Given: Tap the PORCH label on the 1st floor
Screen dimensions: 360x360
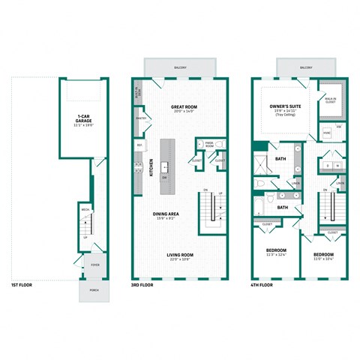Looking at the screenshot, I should tap(94, 289).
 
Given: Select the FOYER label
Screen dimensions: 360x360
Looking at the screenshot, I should tap(94, 264).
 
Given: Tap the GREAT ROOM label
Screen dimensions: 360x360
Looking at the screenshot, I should tap(183, 107).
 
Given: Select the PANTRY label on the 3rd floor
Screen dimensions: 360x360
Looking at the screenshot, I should tap(140, 118).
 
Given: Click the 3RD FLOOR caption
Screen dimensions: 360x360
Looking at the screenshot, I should tap(142, 285).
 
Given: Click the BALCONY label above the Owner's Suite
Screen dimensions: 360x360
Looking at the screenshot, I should tap(306, 68).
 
